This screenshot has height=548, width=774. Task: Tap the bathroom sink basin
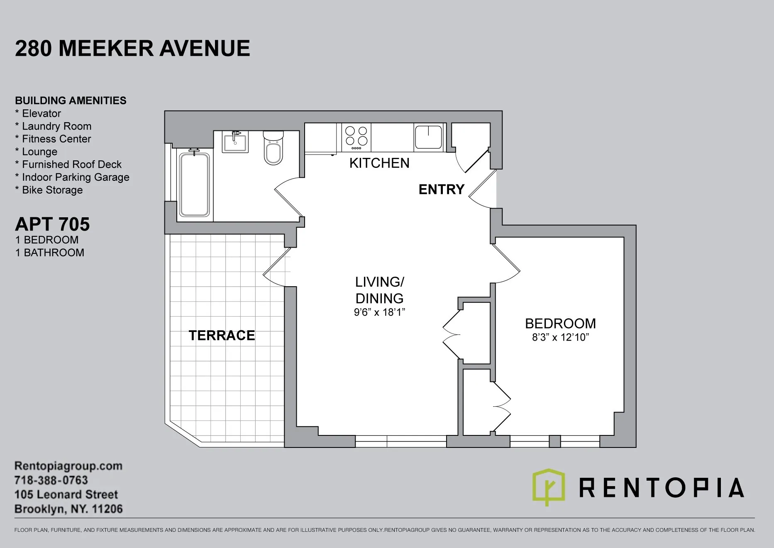coord(235,142)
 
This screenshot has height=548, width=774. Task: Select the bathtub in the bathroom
coord(194,185)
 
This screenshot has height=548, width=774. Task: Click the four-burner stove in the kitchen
coord(356,137)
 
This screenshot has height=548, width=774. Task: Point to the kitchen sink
coord(428,137)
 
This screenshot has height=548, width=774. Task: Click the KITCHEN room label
coord(379,163)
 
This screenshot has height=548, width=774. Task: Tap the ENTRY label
coord(441,189)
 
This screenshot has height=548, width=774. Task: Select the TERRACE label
coord(222,335)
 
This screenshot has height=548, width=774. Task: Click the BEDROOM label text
coord(560,323)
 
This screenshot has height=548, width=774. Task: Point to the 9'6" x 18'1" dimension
coord(379,312)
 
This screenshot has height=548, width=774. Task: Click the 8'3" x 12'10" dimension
coord(560,337)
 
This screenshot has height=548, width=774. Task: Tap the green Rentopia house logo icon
coord(548,487)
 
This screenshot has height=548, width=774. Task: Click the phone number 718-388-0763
coord(51,480)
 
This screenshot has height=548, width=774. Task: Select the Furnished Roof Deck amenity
coord(71,165)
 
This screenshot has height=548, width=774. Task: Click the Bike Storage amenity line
coord(52,190)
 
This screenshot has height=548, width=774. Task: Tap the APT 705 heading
coord(52,224)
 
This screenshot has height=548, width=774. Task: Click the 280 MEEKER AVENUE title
coord(132,48)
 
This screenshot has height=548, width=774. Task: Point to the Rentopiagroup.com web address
coord(68,466)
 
